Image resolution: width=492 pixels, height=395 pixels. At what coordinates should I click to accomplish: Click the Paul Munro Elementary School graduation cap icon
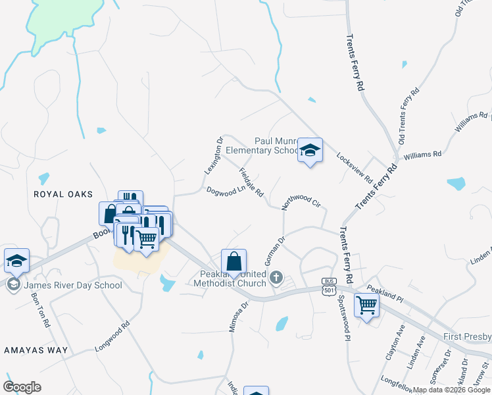[310, 151]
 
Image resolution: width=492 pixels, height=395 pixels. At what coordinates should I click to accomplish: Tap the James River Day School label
[73, 285]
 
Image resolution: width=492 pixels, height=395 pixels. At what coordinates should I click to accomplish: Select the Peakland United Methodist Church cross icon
[277, 277]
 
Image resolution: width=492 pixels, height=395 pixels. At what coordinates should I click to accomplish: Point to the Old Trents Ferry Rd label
[408, 117]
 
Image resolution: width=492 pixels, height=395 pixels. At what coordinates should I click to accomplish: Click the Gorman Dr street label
[274, 249]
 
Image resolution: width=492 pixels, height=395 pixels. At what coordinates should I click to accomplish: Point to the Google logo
[22, 387]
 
